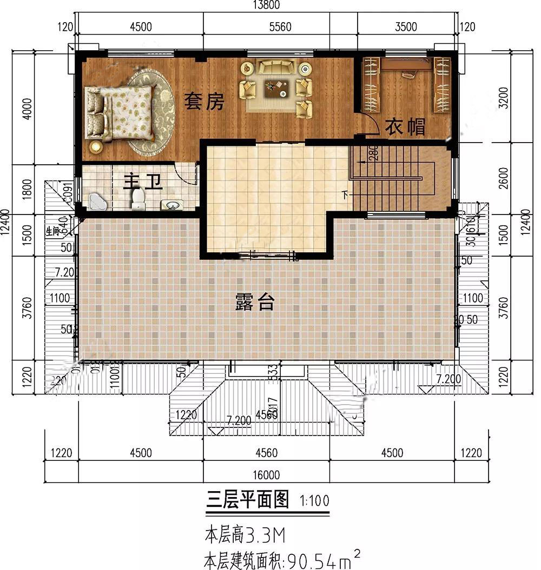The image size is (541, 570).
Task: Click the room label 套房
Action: [203, 102]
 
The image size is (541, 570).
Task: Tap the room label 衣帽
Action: [405, 128]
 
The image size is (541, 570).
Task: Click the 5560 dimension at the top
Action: [280, 27]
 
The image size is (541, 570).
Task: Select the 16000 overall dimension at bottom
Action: [266, 475]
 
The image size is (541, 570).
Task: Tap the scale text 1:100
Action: [314, 501]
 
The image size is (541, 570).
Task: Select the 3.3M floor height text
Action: [265, 536]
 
